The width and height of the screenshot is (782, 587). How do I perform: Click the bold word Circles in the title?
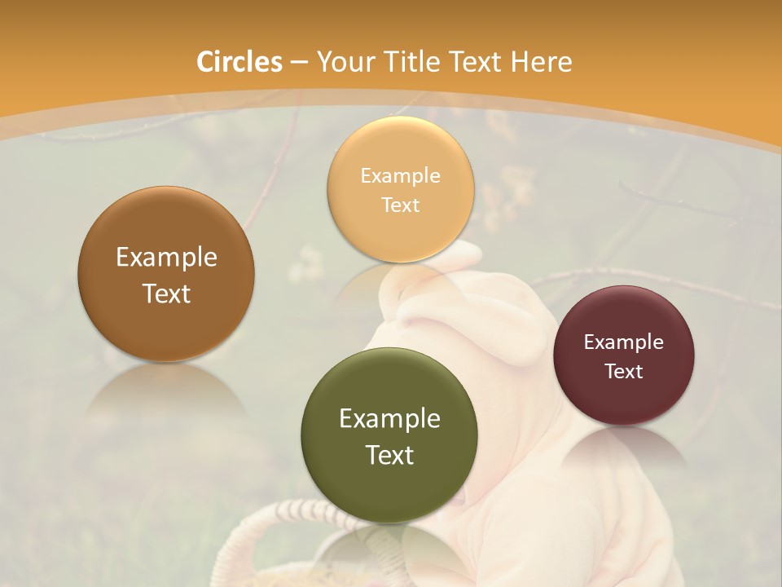(239, 62)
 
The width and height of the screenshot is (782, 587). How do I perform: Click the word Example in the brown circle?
(166, 258)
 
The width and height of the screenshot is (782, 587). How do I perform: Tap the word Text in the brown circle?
(166, 293)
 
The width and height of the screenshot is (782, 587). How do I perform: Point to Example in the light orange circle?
(400, 176)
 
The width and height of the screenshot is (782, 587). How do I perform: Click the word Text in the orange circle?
(400, 205)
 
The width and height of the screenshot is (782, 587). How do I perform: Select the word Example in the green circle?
(389, 419)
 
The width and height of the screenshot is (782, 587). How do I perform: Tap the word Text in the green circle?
(389, 455)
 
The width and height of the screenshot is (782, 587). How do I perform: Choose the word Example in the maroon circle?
(624, 342)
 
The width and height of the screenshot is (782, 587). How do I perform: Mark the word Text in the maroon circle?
(624, 372)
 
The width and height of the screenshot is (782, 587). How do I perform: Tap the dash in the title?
(299, 63)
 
